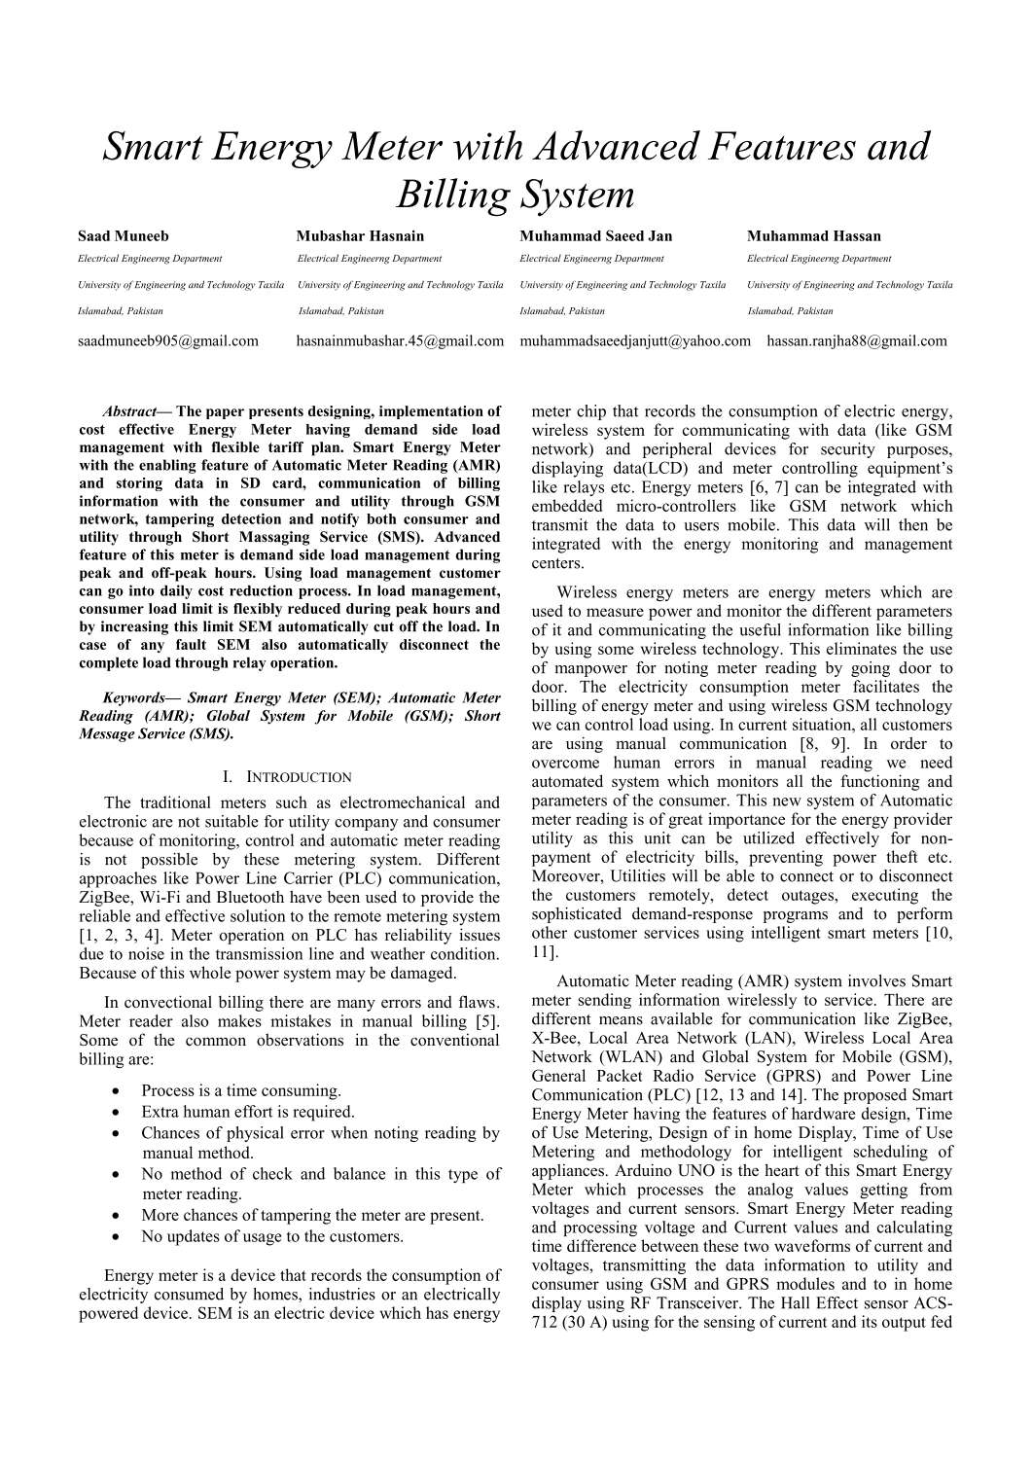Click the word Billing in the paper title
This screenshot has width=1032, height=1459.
[450, 195]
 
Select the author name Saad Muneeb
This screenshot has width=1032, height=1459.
[123, 235]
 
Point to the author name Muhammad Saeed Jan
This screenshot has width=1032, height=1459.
[595, 235]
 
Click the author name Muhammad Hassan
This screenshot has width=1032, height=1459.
[813, 235]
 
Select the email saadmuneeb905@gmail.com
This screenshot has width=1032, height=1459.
[168, 340]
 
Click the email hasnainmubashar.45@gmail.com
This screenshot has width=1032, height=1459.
[400, 340]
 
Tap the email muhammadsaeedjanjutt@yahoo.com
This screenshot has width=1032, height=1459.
[635, 340]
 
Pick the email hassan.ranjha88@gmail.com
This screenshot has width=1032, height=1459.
[856, 340]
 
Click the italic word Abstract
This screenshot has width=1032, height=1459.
[128, 411]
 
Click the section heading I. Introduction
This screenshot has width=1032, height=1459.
[287, 777]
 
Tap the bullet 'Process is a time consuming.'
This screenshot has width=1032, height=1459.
[240, 1090]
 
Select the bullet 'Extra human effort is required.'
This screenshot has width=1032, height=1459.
[247, 1111]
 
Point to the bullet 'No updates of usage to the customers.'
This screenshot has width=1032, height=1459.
[271, 1236]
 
